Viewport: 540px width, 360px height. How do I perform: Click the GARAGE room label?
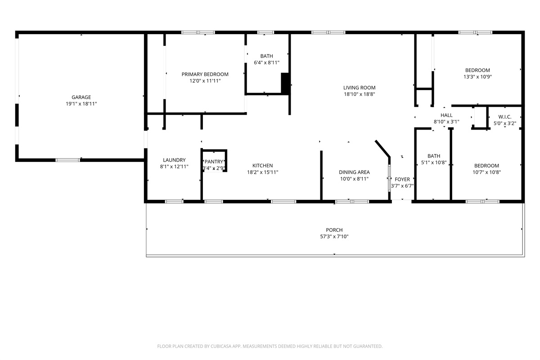81,97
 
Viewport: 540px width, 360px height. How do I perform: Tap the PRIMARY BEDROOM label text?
205,74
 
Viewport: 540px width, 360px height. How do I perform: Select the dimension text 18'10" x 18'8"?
359,94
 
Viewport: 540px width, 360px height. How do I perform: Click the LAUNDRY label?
174,160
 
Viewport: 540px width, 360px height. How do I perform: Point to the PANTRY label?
214,162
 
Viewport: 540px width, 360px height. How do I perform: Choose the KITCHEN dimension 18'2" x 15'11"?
262,172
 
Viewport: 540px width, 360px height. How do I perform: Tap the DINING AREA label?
354,172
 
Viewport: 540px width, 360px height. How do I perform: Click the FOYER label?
402,180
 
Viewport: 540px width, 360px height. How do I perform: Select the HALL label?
446,115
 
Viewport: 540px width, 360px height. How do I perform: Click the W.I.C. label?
505,117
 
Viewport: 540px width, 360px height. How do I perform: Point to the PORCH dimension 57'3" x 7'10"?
334,237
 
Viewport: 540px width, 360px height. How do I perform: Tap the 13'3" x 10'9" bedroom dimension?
477,76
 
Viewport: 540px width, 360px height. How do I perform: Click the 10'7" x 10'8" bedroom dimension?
486,172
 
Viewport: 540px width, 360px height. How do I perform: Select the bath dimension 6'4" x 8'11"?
266,63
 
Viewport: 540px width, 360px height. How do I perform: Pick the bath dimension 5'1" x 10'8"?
434,162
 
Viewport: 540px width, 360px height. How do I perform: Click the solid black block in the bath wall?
285,83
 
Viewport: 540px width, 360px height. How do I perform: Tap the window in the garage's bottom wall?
68,160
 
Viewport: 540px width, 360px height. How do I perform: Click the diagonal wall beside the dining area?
382,148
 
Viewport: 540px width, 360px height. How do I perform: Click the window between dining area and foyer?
389,178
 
